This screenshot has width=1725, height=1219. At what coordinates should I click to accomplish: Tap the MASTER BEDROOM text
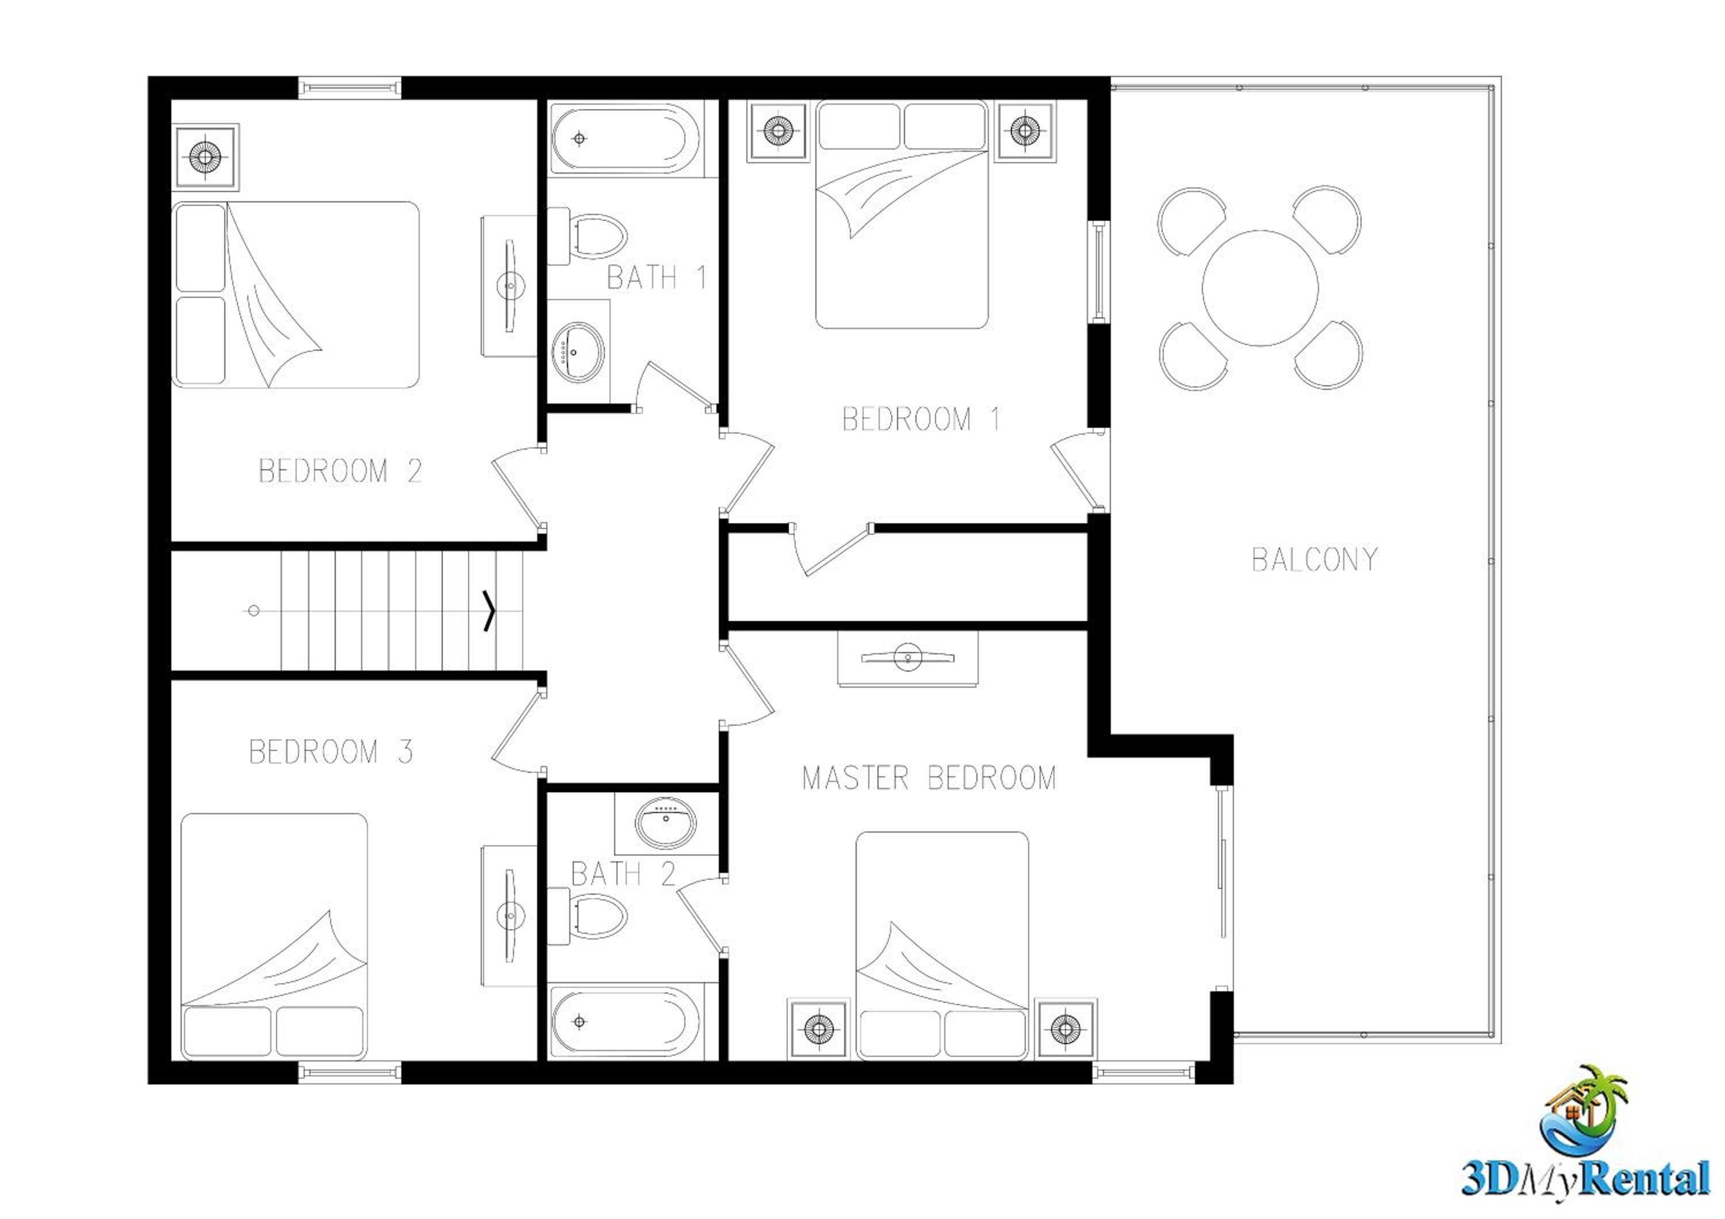(929, 777)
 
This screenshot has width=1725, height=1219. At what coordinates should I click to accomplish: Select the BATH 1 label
(656, 277)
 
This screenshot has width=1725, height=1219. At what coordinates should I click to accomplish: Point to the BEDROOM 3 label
(331, 752)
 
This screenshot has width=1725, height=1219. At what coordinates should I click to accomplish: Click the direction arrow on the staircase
(489, 611)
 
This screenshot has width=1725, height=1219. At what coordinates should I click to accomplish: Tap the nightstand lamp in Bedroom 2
(204, 157)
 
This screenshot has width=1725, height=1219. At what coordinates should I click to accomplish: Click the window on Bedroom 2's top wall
(350, 87)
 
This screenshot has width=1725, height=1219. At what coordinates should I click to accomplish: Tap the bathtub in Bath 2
(625, 1021)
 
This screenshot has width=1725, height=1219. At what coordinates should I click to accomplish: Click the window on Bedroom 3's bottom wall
(350, 1072)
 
